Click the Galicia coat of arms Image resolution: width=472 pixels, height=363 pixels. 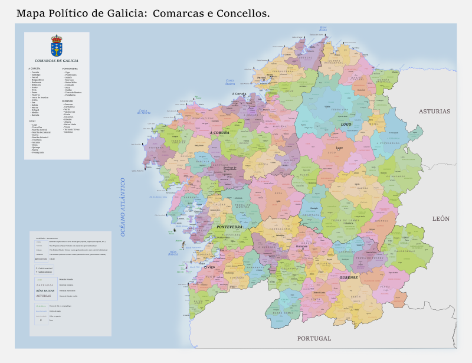(x=57, y=45)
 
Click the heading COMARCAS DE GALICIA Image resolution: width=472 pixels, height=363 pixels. (x=57, y=61)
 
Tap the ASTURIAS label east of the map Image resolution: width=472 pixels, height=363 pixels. (x=434, y=111)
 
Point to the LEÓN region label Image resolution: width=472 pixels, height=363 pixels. (x=441, y=218)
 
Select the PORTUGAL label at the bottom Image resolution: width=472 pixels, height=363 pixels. (x=314, y=339)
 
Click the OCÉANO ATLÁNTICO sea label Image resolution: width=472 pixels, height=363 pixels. (x=124, y=207)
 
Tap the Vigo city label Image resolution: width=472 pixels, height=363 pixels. (x=211, y=267)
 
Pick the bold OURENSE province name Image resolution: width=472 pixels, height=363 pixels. (x=349, y=277)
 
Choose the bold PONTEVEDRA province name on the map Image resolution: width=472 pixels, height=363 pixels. (x=230, y=227)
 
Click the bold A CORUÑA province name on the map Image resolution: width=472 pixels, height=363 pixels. (x=219, y=133)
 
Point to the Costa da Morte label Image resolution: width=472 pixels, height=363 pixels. (x=145, y=112)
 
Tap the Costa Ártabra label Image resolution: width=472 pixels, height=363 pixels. (x=230, y=82)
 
